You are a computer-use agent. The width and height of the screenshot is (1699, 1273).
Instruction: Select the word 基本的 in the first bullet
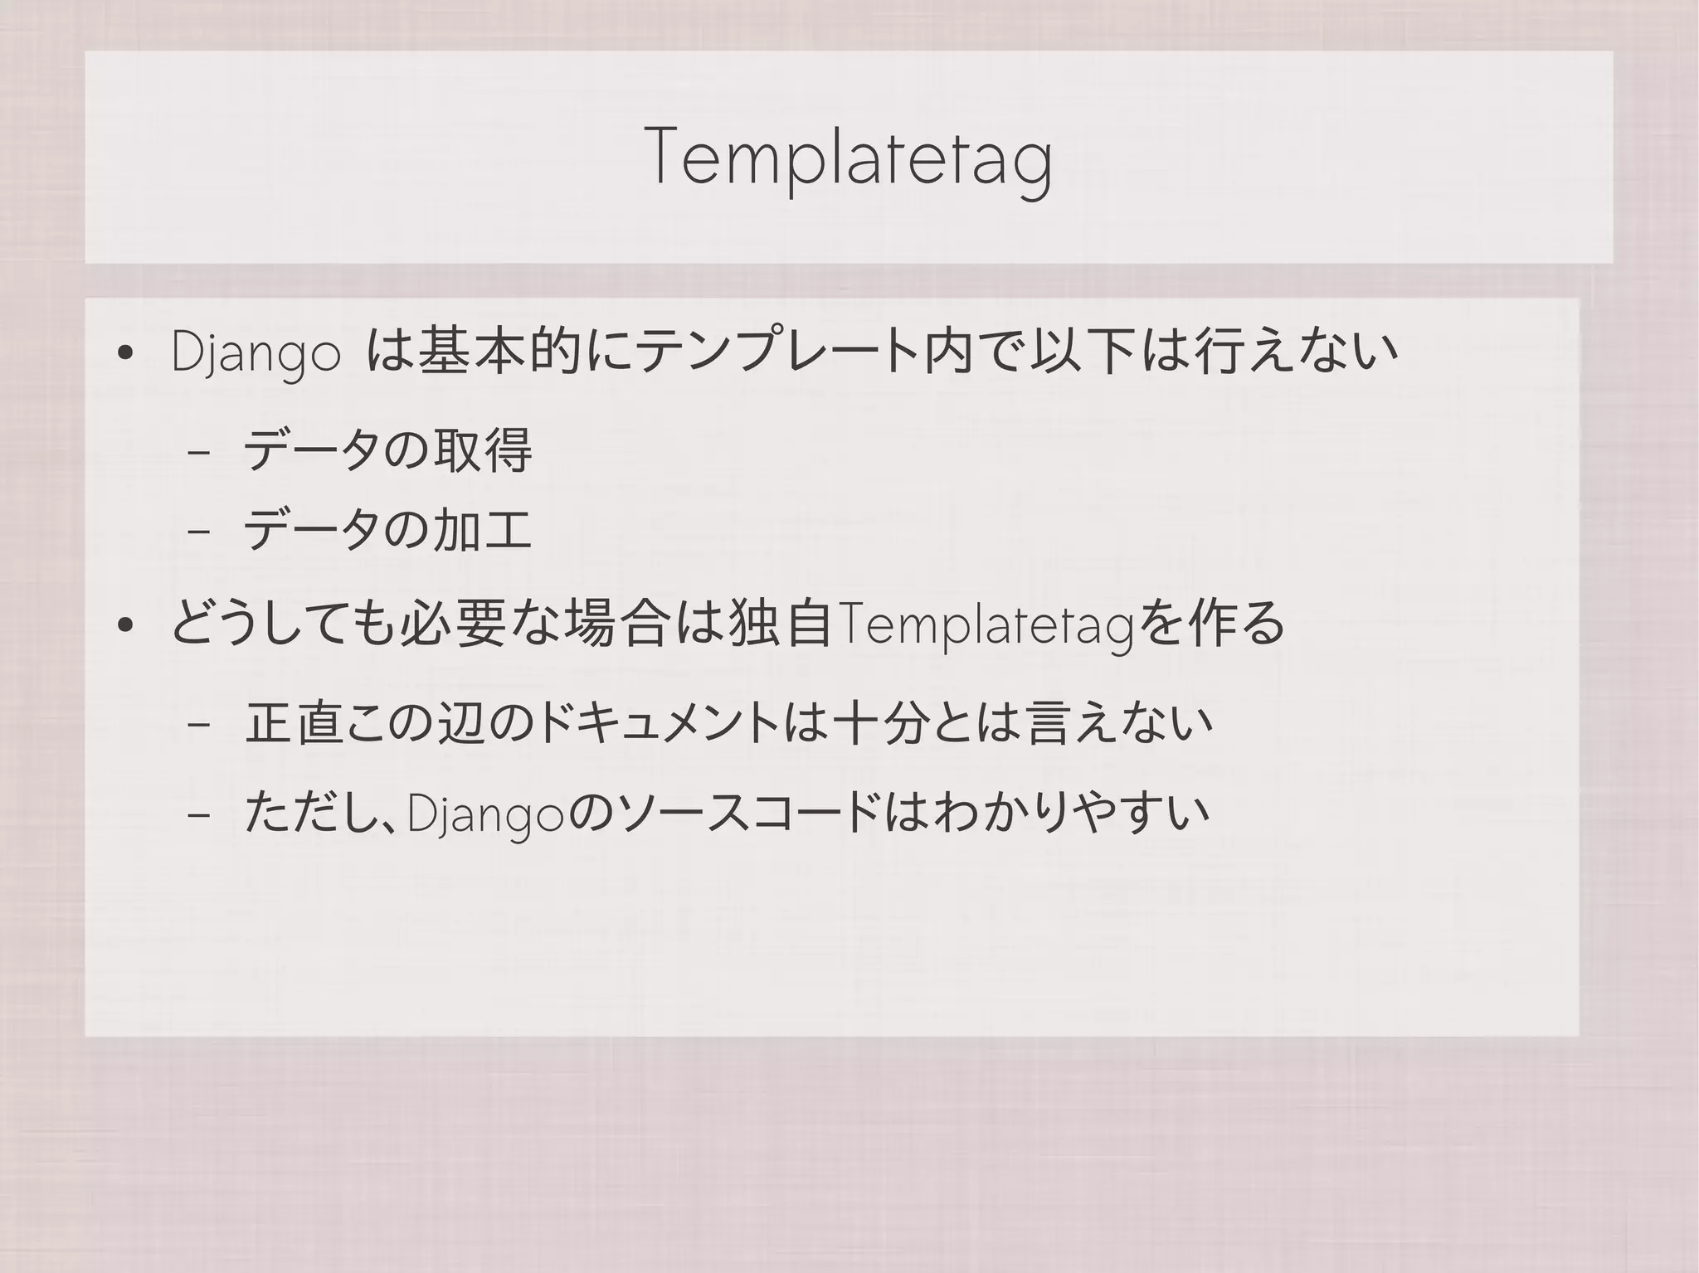[x=499, y=352]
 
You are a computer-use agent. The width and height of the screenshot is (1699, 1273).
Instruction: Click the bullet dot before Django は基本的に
[x=125, y=354]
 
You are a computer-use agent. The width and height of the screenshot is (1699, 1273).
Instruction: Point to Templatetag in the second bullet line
[x=986, y=626]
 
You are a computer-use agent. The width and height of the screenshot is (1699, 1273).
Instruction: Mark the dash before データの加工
[x=198, y=532]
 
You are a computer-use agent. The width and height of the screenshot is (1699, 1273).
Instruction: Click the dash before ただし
[x=198, y=815]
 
